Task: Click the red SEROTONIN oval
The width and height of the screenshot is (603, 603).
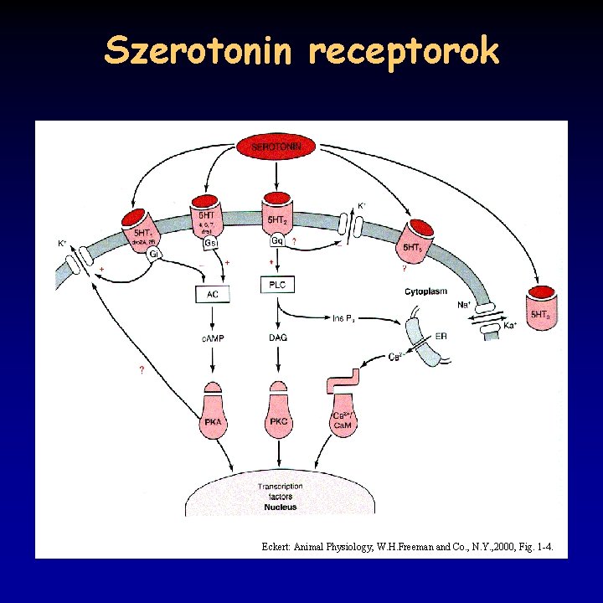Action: point(276,147)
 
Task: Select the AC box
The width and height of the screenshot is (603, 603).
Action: point(211,294)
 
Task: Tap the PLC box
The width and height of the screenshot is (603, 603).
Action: point(278,286)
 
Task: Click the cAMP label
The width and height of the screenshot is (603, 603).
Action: point(211,338)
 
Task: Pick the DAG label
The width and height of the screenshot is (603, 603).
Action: point(278,338)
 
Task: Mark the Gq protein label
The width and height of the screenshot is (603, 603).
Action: point(278,240)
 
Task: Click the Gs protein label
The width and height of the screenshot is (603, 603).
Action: point(212,243)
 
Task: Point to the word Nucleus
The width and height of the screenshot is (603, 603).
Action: point(280,508)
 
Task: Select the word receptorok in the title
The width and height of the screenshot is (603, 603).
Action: point(404,52)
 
